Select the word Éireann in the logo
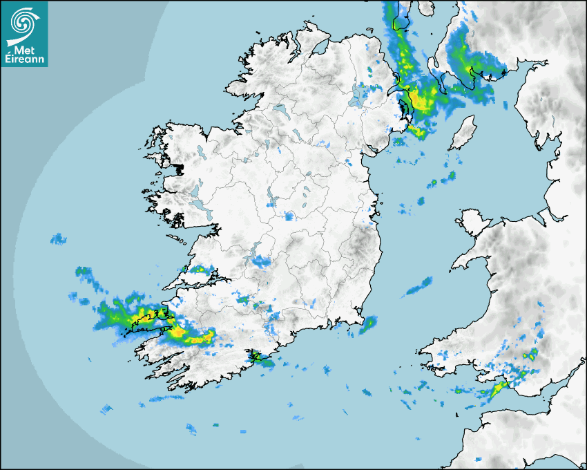[x=25, y=59]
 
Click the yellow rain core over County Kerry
[x=181, y=332]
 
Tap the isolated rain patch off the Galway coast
[x=59, y=239]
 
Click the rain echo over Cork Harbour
[x=258, y=357]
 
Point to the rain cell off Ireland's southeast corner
[x=367, y=324]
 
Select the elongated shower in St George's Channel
[x=418, y=287]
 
